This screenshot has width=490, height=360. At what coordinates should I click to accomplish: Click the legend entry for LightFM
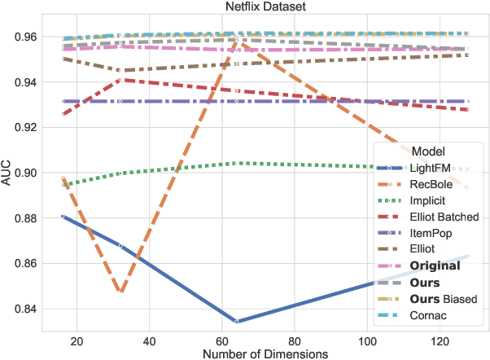click(x=431, y=168)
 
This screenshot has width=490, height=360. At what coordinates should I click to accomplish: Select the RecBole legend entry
click(x=431, y=184)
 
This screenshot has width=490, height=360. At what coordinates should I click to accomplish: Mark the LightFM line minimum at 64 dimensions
click(x=236, y=322)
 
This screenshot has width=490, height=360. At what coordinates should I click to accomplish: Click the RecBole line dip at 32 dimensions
click(x=120, y=291)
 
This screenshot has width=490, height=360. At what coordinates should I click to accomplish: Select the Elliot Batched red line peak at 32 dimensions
click(x=120, y=80)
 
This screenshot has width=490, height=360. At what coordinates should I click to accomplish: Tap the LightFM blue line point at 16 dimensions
click(x=63, y=216)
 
